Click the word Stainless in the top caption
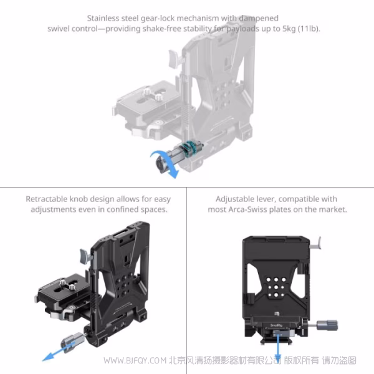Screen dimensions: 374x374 pyautogui.click(x=103, y=18)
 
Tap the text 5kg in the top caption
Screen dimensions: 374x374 pyautogui.click(x=289, y=29)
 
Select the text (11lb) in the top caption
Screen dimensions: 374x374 pyautogui.click(x=309, y=29)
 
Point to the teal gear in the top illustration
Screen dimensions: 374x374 pyautogui.click(x=190, y=148)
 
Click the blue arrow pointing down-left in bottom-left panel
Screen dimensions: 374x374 pyautogui.click(x=60, y=351)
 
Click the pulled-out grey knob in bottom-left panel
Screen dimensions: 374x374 pyautogui.click(x=72, y=342)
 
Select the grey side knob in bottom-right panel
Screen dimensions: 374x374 pyautogui.click(x=327, y=325)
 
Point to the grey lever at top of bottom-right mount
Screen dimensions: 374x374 pyautogui.click(x=317, y=243)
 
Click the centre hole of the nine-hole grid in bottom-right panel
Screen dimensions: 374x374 pyautogui.click(x=276, y=287)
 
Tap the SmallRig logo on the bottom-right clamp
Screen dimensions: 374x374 pyautogui.click(x=276, y=325)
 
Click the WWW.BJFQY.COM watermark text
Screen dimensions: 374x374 pyautogui.click(x=135, y=360)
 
